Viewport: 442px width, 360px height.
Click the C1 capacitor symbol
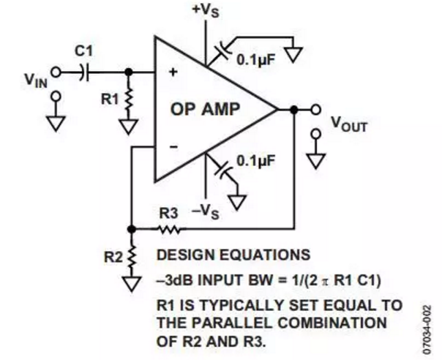[86, 72]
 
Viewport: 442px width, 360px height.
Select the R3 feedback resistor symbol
[170, 228]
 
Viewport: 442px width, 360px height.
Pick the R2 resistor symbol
[132, 256]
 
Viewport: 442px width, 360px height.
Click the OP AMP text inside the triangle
[206, 110]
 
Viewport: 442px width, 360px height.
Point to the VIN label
[35, 77]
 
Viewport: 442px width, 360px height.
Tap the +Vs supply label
[205, 11]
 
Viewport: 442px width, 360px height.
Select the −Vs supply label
[205, 213]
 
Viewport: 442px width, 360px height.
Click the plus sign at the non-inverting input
[174, 72]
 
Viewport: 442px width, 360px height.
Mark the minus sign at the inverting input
[174, 147]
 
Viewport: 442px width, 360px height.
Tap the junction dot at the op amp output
[293, 110]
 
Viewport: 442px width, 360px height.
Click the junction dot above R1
[129, 72]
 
